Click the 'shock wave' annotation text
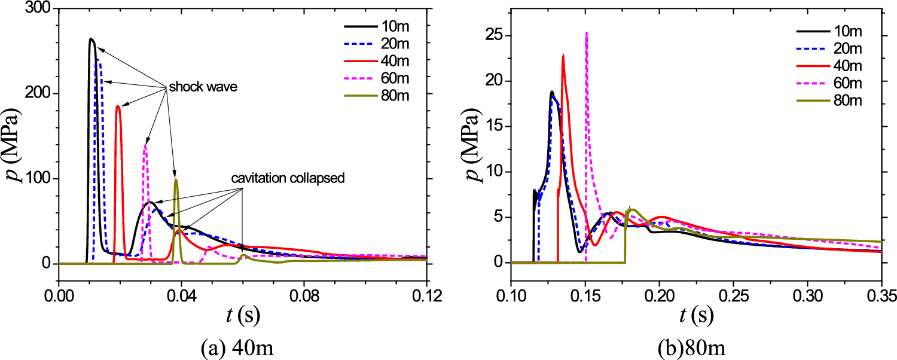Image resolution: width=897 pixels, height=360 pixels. pyautogui.click(x=203, y=87)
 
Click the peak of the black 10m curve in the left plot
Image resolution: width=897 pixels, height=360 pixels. pyautogui.click(x=91, y=39)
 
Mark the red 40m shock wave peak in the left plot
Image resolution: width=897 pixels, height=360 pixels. pyautogui.click(x=118, y=106)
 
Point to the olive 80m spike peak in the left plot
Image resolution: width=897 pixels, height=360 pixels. pyautogui.click(x=176, y=179)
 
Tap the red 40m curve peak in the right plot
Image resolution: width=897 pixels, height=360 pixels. pyautogui.click(x=563, y=55)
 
